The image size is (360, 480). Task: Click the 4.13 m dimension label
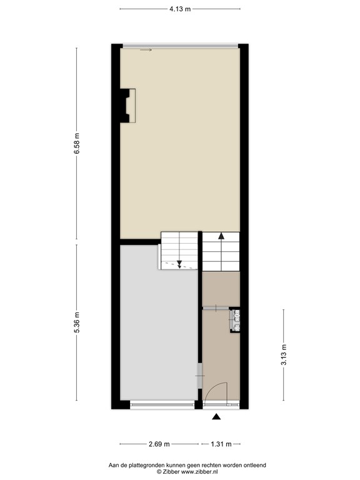click(180, 9)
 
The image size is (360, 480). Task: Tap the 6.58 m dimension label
click(77, 144)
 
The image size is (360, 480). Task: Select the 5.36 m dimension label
click(77, 322)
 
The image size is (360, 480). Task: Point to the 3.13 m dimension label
click(284, 355)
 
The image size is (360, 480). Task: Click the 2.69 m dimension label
click(159, 444)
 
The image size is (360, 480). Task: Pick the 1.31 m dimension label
click(221, 444)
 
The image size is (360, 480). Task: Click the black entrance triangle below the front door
click(216, 416)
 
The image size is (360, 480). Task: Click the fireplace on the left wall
click(127, 106)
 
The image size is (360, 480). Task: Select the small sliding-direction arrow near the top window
click(146, 50)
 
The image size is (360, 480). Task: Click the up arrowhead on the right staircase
click(221, 236)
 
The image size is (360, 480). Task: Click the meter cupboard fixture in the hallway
click(235, 320)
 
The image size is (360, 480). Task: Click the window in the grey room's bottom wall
click(162, 405)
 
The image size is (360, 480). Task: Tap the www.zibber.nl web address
click(199, 472)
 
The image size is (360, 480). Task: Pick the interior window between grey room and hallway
click(200, 375)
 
